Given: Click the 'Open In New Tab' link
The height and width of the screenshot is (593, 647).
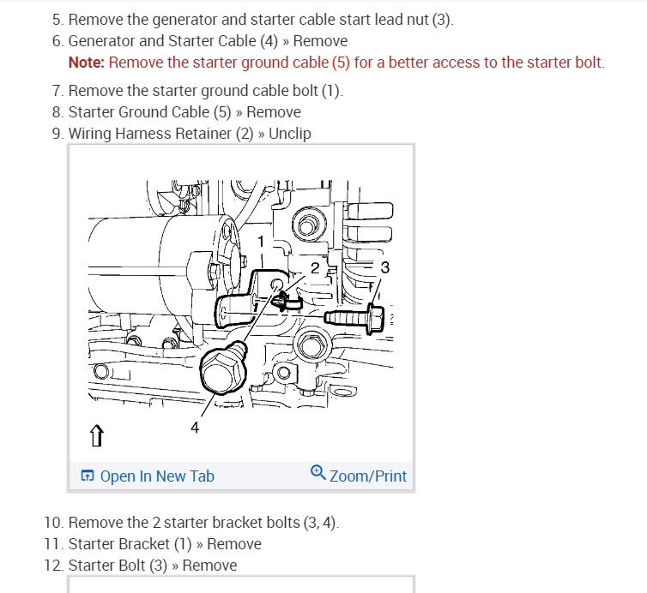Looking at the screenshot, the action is [x=148, y=476].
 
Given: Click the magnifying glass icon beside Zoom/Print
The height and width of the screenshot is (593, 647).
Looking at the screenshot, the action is [x=318, y=472].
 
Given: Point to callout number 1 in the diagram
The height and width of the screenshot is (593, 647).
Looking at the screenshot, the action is [x=260, y=242].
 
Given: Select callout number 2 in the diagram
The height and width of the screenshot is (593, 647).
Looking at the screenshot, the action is [x=315, y=268].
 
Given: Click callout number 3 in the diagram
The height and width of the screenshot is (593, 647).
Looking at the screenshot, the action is [x=385, y=268].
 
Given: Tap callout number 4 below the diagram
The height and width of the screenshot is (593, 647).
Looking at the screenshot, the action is [x=195, y=428].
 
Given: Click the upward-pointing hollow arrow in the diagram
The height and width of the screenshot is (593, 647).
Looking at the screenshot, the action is [x=97, y=435].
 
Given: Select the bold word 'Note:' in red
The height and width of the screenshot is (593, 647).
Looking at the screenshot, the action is [x=87, y=63].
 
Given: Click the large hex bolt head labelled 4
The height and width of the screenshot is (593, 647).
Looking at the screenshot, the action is [x=223, y=369].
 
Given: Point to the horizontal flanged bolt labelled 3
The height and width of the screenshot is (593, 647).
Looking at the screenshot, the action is [x=354, y=319].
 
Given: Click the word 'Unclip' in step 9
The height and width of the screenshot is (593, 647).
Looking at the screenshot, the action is [x=290, y=134].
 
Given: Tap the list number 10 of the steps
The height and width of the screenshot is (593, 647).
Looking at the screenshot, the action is [x=54, y=523].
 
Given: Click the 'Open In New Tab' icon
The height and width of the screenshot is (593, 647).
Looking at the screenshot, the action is [x=88, y=476].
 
